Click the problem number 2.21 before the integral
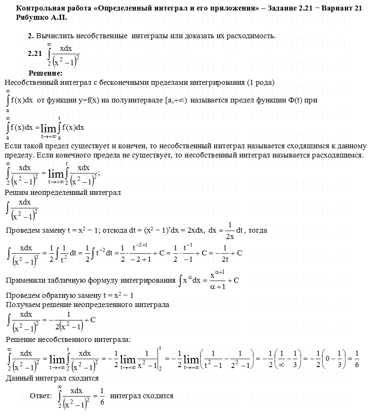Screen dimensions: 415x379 35,53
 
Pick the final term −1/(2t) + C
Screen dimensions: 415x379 229,253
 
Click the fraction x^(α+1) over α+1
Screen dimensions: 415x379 216,280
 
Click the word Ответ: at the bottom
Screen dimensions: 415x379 41,396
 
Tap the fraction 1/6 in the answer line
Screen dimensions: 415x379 102,396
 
